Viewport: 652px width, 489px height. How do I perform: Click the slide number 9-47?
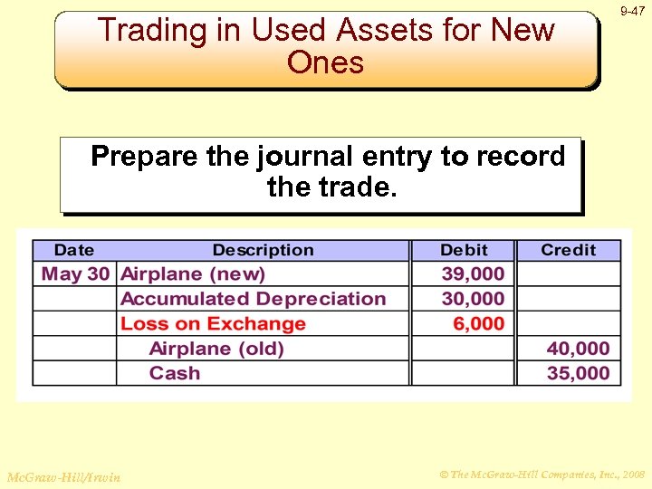(633, 11)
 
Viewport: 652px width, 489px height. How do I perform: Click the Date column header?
(73, 250)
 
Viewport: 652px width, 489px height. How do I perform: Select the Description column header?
(263, 250)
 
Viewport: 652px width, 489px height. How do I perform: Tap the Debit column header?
(464, 250)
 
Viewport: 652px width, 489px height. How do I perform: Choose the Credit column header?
(569, 250)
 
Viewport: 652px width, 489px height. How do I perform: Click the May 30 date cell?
(75, 273)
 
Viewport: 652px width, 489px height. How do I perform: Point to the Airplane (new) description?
(193, 273)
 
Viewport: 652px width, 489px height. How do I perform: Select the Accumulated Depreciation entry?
(253, 299)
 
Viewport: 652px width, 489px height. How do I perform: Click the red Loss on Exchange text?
(213, 323)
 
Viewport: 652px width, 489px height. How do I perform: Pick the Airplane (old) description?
(216, 349)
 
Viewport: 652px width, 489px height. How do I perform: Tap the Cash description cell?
(175, 373)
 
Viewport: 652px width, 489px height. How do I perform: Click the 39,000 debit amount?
(473, 273)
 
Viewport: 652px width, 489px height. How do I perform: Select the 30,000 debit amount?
(473, 299)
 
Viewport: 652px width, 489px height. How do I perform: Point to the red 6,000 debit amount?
(479, 323)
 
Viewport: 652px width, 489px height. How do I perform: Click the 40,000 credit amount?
(578, 349)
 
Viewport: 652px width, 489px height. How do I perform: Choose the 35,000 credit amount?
(578, 373)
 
